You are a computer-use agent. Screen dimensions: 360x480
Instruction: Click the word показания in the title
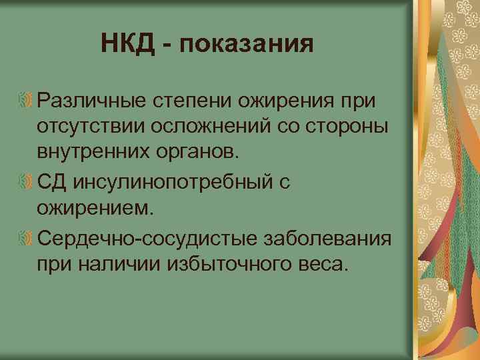[x=246, y=45]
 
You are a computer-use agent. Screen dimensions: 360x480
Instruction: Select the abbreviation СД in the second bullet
[x=51, y=182]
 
